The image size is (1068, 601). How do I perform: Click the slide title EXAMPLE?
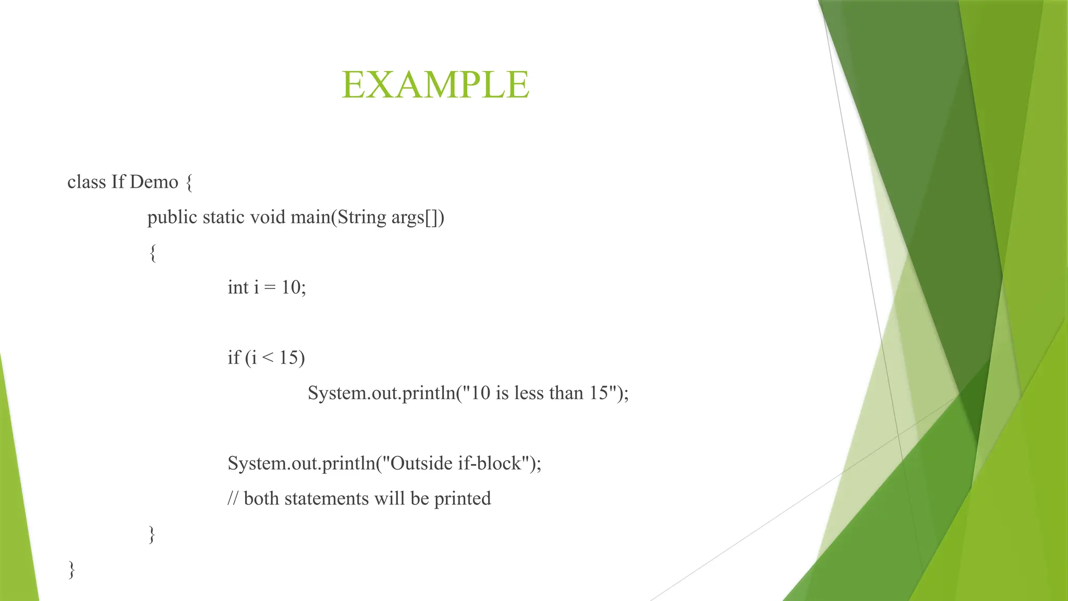435,85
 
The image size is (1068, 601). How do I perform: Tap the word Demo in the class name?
154,182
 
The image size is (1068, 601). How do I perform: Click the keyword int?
238,287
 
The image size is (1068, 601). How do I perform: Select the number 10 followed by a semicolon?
294,287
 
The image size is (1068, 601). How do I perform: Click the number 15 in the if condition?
291,358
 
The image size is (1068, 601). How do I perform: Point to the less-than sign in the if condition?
268,358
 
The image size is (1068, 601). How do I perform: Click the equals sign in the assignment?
270,288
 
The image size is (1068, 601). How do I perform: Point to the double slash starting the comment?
233,499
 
